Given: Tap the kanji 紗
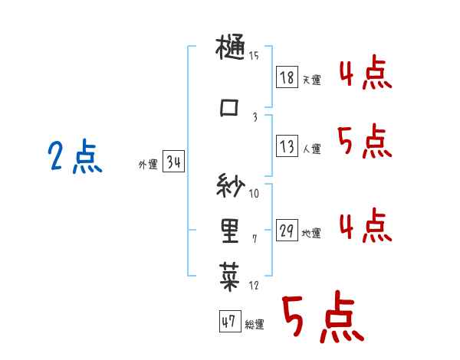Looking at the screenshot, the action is click(x=231, y=186).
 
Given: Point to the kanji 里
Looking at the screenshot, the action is click(x=230, y=229).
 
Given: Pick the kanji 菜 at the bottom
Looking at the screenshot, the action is click(x=231, y=273).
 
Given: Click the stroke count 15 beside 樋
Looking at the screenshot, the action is click(x=254, y=56).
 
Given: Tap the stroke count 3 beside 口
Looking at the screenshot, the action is click(x=255, y=116).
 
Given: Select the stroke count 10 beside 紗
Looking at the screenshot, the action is click(x=255, y=193).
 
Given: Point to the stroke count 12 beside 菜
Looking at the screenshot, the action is click(x=255, y=286).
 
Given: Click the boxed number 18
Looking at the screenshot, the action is click(x=287, y=77).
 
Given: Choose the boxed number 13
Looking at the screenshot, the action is click(x=287, y=146).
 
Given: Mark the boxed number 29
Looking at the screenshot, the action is click(x=287, y=231).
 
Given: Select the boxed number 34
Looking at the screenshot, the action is click(x=173, y=162).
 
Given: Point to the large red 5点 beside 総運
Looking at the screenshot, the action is click(x=322, y=318).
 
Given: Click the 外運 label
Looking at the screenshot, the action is click(x=147, y=165).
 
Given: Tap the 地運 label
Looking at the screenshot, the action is click(x=311, y=234).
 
